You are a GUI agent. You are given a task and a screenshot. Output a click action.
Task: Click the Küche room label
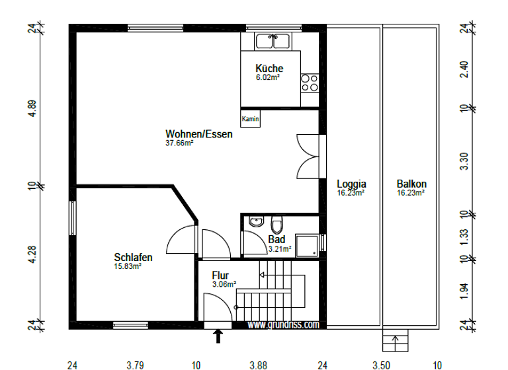[x=269, y=69]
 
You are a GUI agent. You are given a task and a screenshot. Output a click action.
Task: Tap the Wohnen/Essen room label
[x=198, y=134]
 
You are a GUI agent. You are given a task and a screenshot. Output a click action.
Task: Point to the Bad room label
[x=276, y=240]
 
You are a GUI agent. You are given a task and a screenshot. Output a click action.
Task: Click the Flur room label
[x=220, y=275]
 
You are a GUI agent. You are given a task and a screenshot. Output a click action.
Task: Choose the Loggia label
[x=351, y=184]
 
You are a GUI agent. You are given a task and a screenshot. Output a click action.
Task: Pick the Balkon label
[x=411, y=184]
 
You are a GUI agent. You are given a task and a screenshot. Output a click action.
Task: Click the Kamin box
[x=250, y=119]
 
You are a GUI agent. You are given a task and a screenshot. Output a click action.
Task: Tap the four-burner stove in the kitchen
[x=309, y=82]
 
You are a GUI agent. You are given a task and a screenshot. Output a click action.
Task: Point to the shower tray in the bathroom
[x=307, y=244]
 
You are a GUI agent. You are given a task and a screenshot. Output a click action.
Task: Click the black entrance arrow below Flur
[x=218, y=337]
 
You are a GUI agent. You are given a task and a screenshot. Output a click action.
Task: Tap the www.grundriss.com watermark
[x=283, y=324]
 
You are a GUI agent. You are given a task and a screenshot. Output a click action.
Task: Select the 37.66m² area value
[x=179, y=143]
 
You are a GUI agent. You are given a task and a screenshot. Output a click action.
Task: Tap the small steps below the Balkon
[x=396, y=342]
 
